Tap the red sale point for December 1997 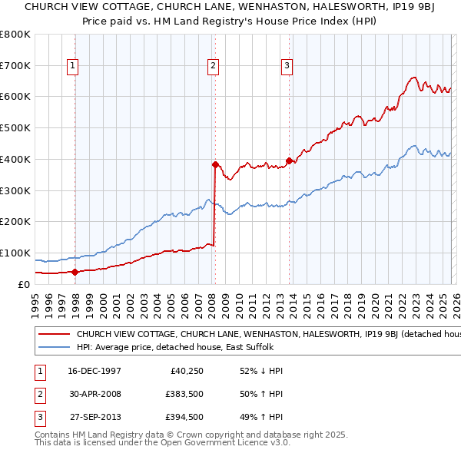click(75, 271)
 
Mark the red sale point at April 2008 click(215, 164)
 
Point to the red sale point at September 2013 click(289, 160)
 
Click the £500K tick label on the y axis click(15, 128)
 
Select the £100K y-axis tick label click(15, 253)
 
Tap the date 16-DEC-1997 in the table click(95, 371)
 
